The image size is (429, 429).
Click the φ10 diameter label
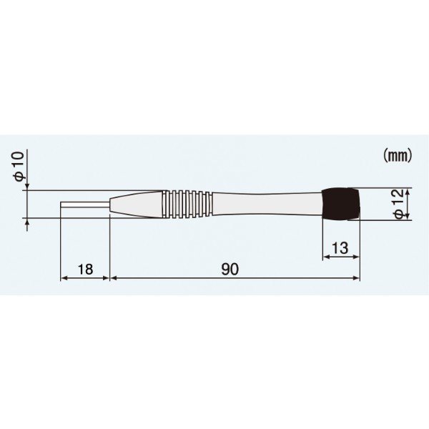(20, 167)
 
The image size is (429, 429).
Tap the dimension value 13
(340, 248)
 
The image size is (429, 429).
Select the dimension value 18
(85, 270)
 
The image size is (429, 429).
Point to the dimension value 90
(230, 270)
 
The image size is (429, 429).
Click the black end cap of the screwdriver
(341, 204)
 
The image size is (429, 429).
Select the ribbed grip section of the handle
(187, 204)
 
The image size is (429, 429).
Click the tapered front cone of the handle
(136, 204)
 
